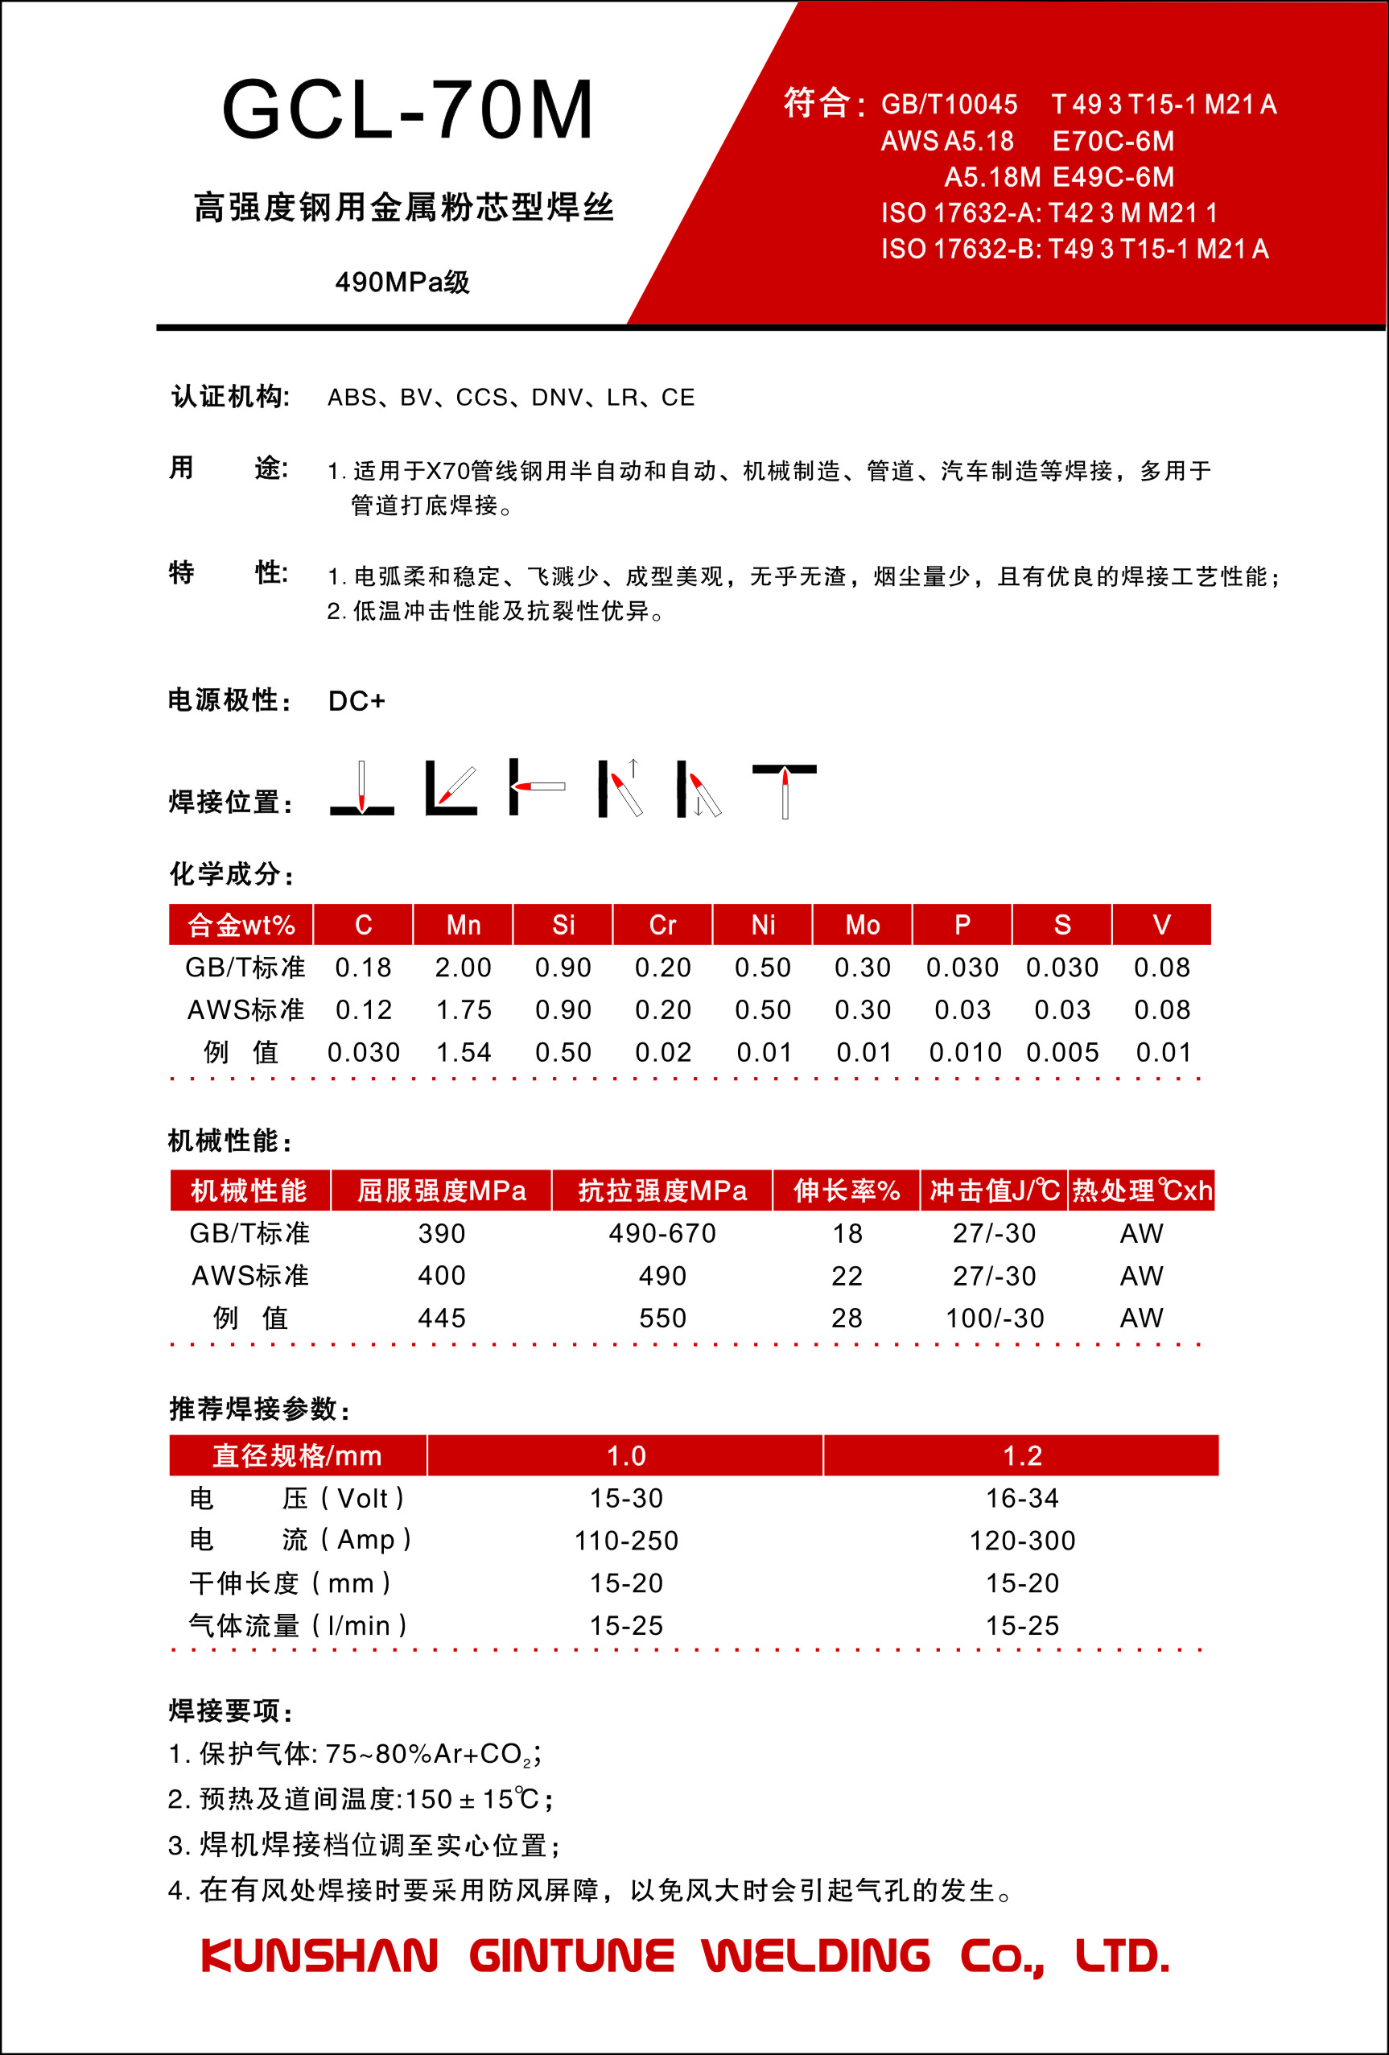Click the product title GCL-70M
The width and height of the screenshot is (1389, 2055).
(407, 110)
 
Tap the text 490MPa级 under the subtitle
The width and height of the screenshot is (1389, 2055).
(402, 282)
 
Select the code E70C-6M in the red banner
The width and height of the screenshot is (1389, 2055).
(1112, 142)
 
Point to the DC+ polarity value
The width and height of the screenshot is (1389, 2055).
(357, 701)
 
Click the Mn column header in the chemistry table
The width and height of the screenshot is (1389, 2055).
(464, 925)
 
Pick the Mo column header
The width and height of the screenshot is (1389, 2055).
(862, 925)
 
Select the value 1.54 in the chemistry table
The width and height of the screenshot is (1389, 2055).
(464, 1052)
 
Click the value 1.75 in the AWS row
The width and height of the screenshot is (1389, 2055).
(464, 1010)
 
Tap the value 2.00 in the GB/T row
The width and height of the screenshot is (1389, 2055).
(464, 968)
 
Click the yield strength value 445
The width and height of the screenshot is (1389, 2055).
(441, 1318)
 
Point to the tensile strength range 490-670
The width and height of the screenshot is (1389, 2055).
(662, 1233)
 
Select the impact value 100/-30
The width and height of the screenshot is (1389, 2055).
(995, 1318)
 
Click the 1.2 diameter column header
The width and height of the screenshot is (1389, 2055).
(1022, 1455)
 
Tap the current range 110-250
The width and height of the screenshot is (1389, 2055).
(626, 1541)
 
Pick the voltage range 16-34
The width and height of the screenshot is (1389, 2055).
(1022, 1498)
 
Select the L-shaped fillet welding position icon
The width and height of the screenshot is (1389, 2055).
(451, 787)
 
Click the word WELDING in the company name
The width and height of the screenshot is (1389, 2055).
(816, 1956)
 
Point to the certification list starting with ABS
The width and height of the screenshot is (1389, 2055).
(511, 398)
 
